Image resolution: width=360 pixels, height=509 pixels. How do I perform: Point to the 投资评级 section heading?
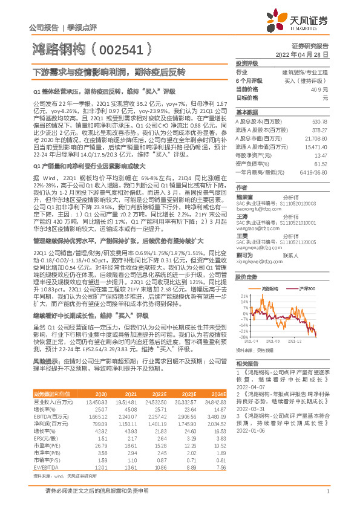point(247,63)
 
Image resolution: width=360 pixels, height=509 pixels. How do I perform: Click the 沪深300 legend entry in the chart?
point(296,290)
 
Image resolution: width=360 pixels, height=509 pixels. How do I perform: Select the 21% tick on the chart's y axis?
point(243,296)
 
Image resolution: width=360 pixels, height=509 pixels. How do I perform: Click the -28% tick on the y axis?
point(243,336)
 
